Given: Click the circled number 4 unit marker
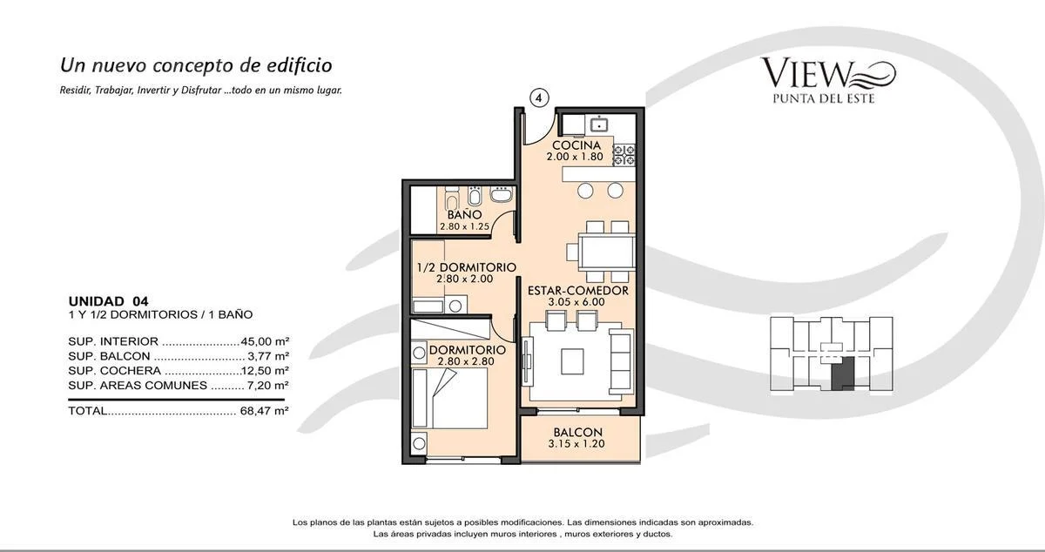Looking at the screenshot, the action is pos(539,98).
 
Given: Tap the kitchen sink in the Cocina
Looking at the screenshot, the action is pos(599,125).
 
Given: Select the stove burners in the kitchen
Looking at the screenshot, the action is pos(624,155).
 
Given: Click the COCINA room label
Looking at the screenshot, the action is pos(576,145).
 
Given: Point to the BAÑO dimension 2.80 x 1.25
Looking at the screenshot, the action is pos(464,226).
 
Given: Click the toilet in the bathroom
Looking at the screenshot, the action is pos(452,199).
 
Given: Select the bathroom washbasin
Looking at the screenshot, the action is pos(502,194).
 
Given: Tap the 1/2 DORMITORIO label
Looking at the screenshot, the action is pos(467,267).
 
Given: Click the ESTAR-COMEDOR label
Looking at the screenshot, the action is pos(578,290).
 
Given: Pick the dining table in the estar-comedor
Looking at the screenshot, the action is pos(606,252).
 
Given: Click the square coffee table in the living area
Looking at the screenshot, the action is pos(572,361).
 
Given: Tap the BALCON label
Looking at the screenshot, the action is pos(578,432).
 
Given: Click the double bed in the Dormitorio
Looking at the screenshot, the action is pos(450,398).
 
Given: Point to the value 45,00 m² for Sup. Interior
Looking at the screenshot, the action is pos(265,341).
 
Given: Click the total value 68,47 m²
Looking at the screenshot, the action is pos(265,411).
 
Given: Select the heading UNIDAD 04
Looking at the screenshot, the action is pos(108,301).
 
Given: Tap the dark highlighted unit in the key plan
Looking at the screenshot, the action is pos(843,374).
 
